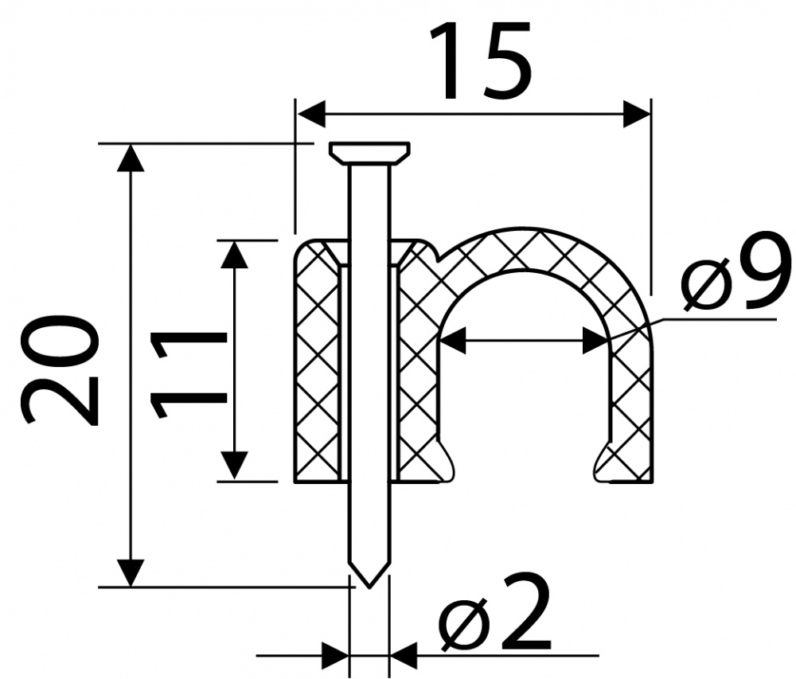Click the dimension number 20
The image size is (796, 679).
[59, 369]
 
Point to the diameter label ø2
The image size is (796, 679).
[496, 614]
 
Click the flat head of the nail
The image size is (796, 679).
[370, 153]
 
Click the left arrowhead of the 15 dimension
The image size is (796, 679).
[311, 114]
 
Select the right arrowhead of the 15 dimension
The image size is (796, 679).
[637, 114]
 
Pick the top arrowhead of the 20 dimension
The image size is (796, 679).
[131, 158]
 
